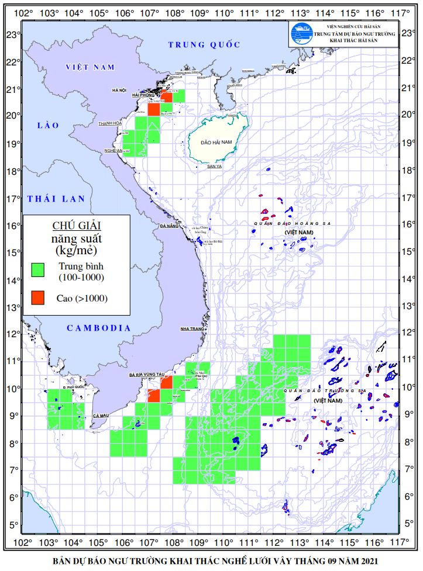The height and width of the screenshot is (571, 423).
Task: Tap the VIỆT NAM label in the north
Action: [90, 67]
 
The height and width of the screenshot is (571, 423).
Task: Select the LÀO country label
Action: [44, 125]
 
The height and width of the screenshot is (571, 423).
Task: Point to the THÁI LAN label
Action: [56, 199]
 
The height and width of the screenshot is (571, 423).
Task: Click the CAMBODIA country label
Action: [99, 328]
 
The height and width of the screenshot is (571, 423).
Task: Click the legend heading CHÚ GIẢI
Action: [77, 226]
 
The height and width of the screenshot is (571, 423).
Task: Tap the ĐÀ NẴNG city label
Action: [168, 225]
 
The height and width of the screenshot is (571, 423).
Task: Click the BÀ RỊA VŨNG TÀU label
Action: [146, 373]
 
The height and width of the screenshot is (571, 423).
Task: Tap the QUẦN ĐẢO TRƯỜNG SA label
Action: [324, 390]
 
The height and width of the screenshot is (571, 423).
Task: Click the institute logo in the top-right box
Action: [301, 34]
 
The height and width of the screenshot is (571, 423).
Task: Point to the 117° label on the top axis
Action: [400, 13]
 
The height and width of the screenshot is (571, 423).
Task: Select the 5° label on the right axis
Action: [409, 524]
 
